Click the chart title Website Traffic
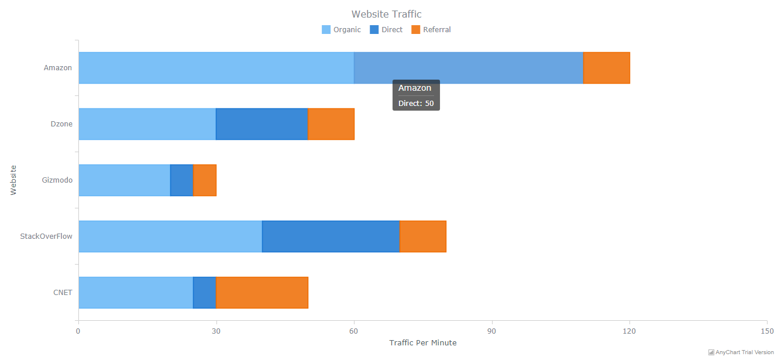tap(386, 14)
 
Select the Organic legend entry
tap(342, 30)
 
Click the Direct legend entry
tap(386, 30)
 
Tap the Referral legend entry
tap(431, 30)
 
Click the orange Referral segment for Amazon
tap(607, 68)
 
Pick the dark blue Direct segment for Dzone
tap(262, 124)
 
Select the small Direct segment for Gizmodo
tap(181, 180)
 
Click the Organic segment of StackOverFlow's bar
tap(170, 236)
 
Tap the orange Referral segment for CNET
tap(262, 293)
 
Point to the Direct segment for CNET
tap(205, 293)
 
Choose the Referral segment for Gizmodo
tap(205, 180)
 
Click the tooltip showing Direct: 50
tap(416, 95)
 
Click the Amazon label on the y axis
tap(58, 68)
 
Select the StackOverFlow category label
tap(46, 236)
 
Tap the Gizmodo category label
tap(57, 180)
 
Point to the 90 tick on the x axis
tap(492, 331)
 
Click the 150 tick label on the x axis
tap(766, 331)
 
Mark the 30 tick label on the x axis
tap(216, 331)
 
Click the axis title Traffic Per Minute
tap(422, 343)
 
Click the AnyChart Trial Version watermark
tap(741, 352)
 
